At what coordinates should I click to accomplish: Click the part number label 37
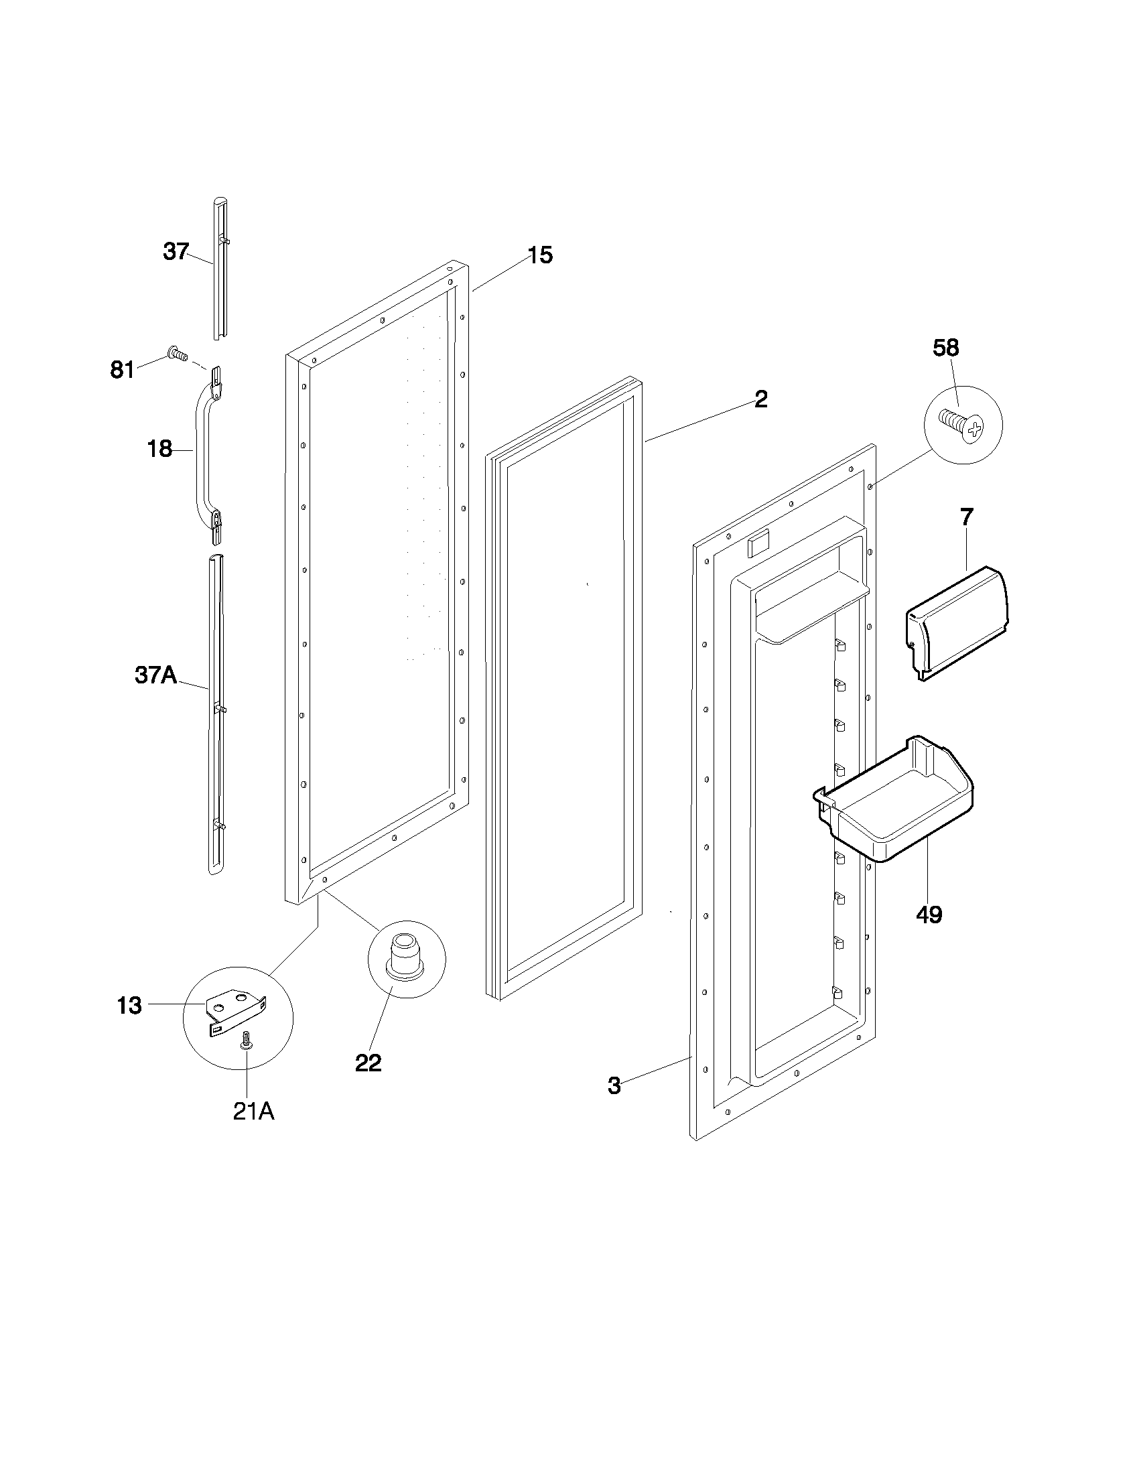(x=176, y=252)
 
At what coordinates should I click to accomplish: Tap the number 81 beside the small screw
(x=122, y=370)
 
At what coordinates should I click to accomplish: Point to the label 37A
(x=155, y=674)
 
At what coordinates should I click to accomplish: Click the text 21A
(x=253, y=1112)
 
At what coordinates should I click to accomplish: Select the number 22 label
(x=368, y=1063)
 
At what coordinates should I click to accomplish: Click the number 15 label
(x=540, y=255)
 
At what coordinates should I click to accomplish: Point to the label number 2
(x=760, y=399)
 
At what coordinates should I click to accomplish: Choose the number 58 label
(x=945, y=348)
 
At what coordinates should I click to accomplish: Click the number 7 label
(x=966, y=518)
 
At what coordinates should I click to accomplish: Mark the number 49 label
(x=929, y=915)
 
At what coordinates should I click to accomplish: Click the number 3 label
(x=613, y=1086)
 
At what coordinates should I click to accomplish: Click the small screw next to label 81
(x=177, y=352)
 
